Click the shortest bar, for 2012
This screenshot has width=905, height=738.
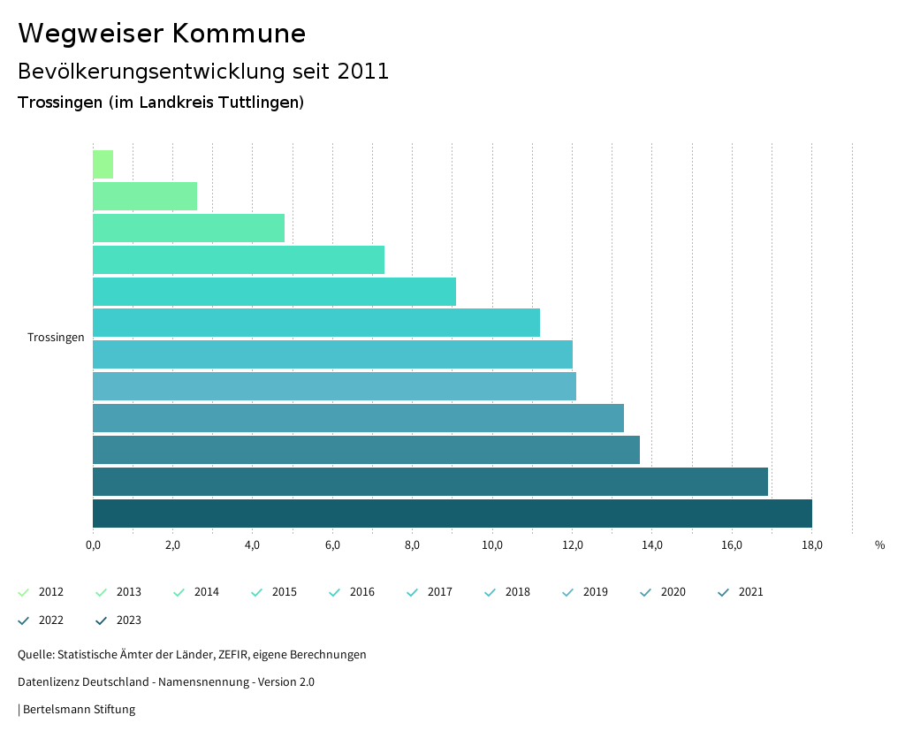103,164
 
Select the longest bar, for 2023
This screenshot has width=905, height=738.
452,514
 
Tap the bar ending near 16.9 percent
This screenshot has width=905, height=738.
430,482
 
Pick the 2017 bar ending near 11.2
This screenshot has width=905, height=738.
316,323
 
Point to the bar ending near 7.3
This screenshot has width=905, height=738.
238,260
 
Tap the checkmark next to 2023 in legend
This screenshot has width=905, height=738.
102,620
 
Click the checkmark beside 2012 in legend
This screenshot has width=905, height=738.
24,592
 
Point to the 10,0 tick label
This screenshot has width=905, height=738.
492,545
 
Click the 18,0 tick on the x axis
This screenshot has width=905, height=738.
811,545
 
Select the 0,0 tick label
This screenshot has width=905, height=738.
93,545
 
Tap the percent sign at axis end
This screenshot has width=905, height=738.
879,545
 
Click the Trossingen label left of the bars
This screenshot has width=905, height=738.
56,338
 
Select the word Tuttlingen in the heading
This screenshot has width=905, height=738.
259,103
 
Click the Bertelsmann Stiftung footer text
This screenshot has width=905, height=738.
79,710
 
